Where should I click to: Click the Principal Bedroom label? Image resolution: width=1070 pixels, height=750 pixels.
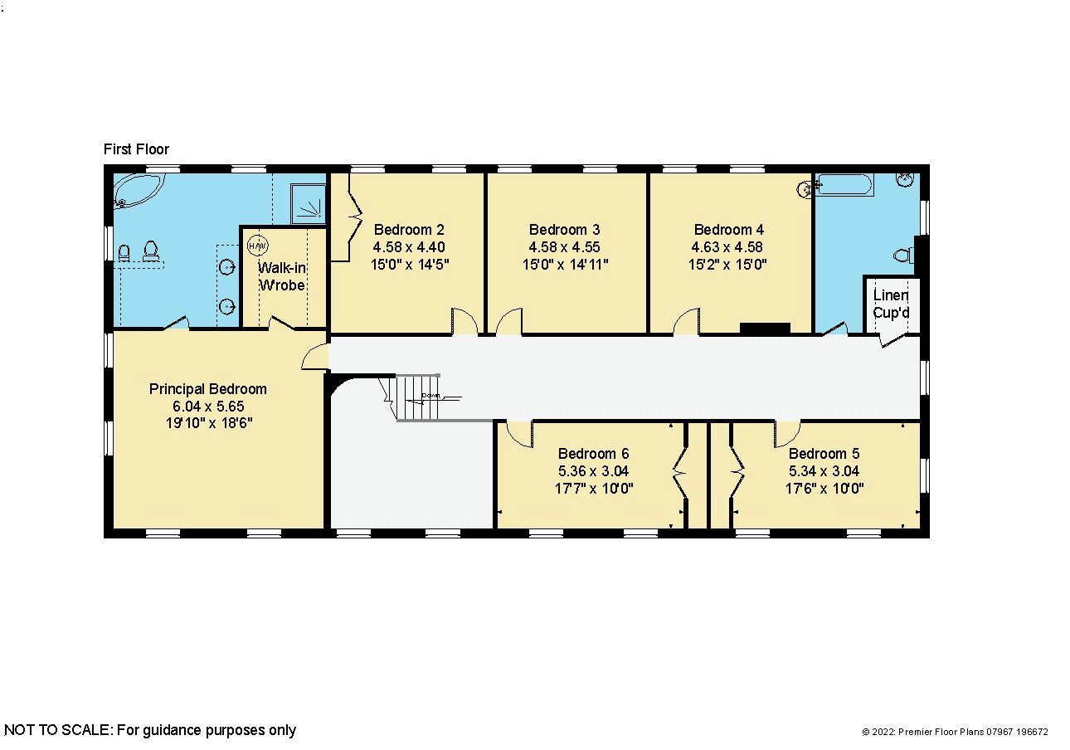208,388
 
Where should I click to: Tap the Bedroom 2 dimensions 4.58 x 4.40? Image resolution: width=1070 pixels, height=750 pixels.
409,247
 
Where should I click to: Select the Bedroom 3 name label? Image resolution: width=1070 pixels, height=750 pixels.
564,230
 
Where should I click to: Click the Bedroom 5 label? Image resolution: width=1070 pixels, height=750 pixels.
824,454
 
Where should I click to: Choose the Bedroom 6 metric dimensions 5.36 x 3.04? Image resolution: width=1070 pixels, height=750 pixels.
593,471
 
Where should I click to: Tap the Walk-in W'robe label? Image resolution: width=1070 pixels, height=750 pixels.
281,276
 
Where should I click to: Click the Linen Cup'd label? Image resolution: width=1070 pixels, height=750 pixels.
890,304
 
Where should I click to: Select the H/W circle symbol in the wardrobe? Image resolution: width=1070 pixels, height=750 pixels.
258,246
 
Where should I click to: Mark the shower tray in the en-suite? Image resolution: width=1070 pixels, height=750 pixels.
308,202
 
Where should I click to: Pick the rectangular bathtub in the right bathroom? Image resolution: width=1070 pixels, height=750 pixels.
844,185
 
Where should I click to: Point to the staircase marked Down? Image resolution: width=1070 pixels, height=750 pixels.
423,398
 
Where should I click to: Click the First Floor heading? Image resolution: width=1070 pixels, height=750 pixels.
136,149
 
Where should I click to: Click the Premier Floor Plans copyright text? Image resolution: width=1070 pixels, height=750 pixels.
955,732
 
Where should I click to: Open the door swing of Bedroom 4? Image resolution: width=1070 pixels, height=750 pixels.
687,322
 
